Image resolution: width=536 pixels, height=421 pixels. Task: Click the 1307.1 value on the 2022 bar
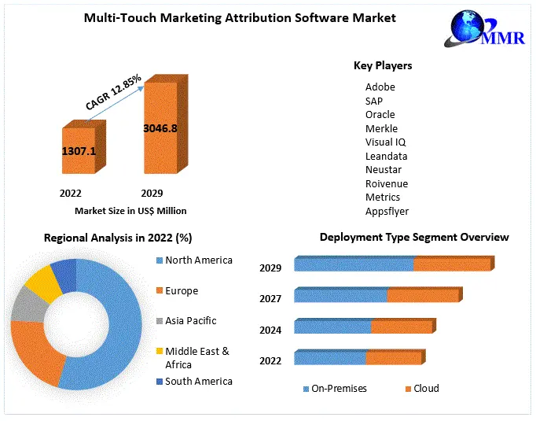(79, 150)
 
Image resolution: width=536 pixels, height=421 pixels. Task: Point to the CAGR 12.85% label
(113, 91)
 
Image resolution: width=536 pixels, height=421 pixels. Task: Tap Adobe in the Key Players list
(380, 87)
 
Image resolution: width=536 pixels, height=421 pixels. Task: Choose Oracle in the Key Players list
(380, 115)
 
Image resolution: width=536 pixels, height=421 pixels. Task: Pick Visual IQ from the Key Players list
(385, 142)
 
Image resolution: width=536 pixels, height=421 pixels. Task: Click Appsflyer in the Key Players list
(387, 211)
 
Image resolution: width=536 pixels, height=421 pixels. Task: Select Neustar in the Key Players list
(384, 170)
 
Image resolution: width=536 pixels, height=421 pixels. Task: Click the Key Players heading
(383, 66)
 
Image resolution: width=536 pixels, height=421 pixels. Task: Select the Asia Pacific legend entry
(190, 321)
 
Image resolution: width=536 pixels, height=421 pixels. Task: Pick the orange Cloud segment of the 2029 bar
(451, 264)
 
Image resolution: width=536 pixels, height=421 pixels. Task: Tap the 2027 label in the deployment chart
(270, 298)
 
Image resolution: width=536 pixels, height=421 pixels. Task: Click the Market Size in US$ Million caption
(130, 211)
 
